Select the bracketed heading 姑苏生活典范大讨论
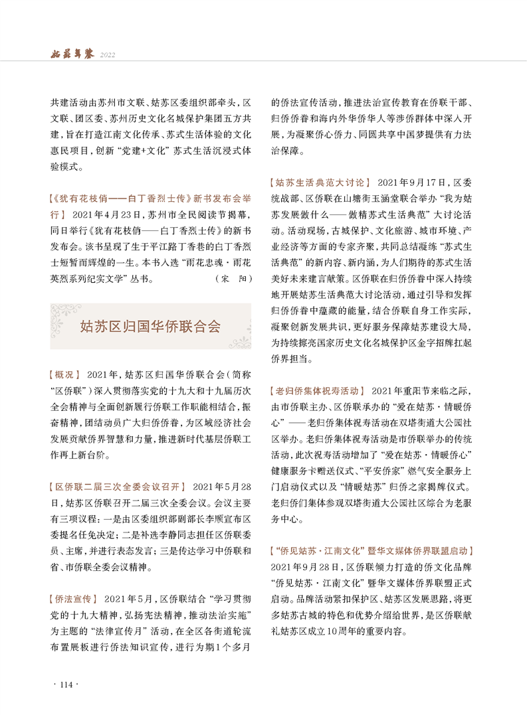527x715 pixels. pos(318,182)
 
